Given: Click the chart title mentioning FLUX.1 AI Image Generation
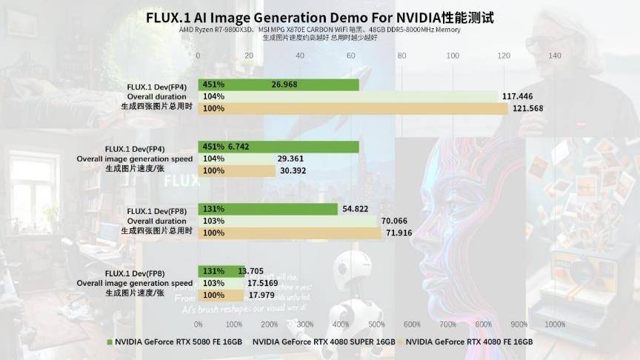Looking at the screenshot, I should pos(319,16).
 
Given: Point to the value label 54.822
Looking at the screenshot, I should pos(356,209).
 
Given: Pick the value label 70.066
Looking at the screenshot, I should pos(396,221).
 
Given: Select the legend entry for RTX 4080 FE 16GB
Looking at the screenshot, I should pos(469,342).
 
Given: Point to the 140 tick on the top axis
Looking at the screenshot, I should pos(554,55).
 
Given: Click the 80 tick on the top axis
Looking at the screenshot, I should pos(401,55).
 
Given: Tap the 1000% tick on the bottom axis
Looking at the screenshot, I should pos(555,324).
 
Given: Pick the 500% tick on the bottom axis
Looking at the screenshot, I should pos(376,324).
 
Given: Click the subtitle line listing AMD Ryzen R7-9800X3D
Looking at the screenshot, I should pos(319,30).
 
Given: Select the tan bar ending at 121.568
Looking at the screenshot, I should pos(353,109).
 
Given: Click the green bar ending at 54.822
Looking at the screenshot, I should pos(268,209).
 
